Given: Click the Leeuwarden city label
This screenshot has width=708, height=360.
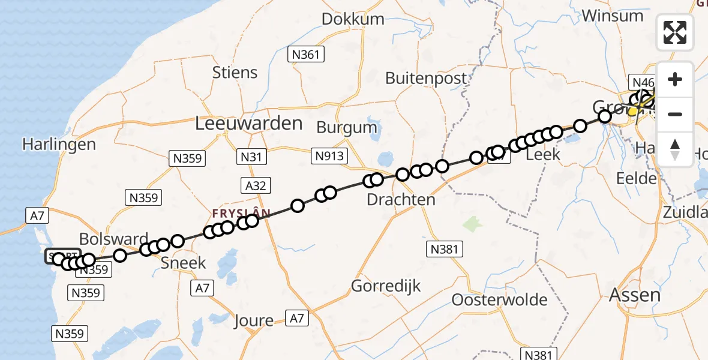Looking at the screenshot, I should click(248, 124).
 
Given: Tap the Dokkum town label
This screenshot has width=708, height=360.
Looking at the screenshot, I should click(353, 19).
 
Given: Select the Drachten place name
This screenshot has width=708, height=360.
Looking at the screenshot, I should click(401, 200).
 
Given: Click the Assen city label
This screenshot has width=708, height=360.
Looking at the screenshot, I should click(635, 295).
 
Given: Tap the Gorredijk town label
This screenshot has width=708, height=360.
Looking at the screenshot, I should click(386, 286).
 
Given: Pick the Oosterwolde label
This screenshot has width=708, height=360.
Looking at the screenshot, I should click(500, 299).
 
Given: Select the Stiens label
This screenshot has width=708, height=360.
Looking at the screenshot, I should click(235, 73).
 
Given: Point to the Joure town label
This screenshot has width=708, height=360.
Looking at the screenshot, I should click(254, 320).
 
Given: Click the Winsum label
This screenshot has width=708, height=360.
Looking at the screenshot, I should click(612, 16).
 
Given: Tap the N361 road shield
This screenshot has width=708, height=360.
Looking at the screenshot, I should click(305, 55).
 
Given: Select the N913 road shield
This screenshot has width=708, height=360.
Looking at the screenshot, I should click(329, 157).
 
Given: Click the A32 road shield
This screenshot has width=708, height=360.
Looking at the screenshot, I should click(256, 185).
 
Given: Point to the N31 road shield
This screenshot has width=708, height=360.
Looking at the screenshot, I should click(251, 157).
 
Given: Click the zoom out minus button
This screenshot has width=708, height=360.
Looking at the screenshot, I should click(675, 114).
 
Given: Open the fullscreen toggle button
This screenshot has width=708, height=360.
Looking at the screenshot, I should click(675, 32).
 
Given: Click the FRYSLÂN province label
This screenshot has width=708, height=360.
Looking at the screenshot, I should click(241, 212).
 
